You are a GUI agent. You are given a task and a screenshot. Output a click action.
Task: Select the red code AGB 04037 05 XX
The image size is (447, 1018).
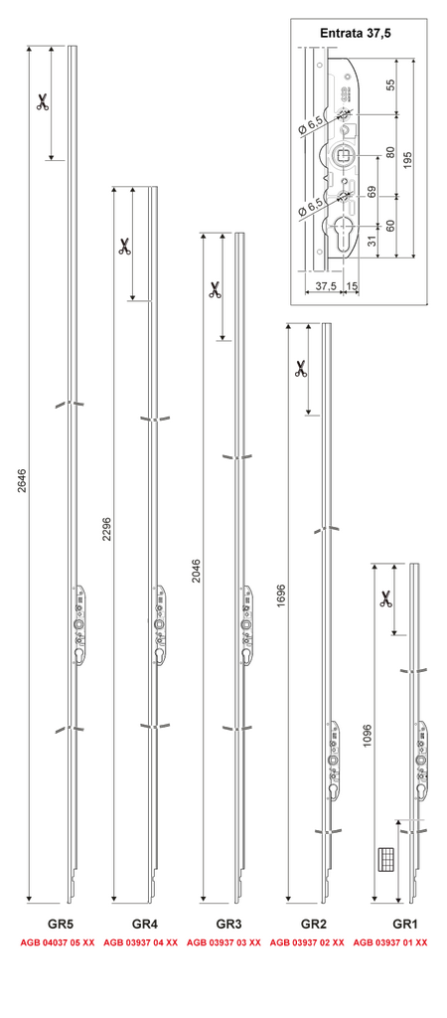(58, 941)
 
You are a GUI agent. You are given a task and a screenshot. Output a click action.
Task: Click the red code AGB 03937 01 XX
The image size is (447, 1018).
(390, 941)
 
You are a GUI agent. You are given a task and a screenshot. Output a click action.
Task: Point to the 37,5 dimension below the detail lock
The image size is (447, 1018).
(325, 285)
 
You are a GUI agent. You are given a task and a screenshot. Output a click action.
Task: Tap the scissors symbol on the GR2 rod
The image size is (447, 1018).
(300, 370)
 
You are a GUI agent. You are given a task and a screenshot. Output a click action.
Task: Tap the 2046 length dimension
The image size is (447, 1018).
(197, 571)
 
